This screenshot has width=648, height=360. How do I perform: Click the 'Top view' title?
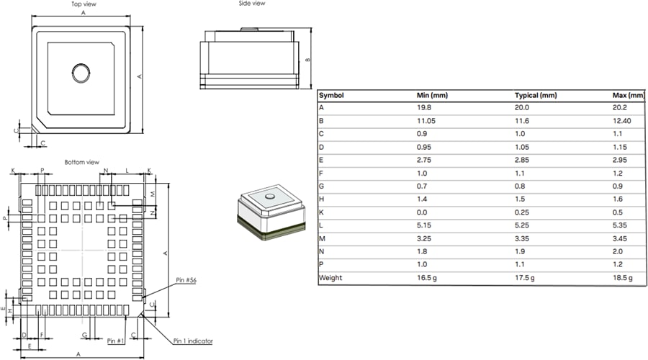coord(85,4)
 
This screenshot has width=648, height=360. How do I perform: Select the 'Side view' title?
coord(252,4)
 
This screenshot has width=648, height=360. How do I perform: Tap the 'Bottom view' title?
coord(82,162)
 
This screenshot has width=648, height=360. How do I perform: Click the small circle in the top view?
coord(81,72)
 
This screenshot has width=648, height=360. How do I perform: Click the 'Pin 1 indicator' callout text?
coord(192,341)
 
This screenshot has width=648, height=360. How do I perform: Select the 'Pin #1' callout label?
coord(116,341)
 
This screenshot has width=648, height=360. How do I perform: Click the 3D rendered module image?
coord(269,215)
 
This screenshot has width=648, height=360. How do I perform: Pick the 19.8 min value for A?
coord(424,108)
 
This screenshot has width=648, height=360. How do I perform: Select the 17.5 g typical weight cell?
coord(525,278)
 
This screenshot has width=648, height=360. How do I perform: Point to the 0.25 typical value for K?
coord(522,212)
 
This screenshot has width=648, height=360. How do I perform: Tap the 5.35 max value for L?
coord(620,225)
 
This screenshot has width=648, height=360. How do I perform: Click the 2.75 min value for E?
coord(424,161)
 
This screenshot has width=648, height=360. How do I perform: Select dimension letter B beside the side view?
coord(307,60)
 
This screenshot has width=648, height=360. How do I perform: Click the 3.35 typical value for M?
coord(522,238)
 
